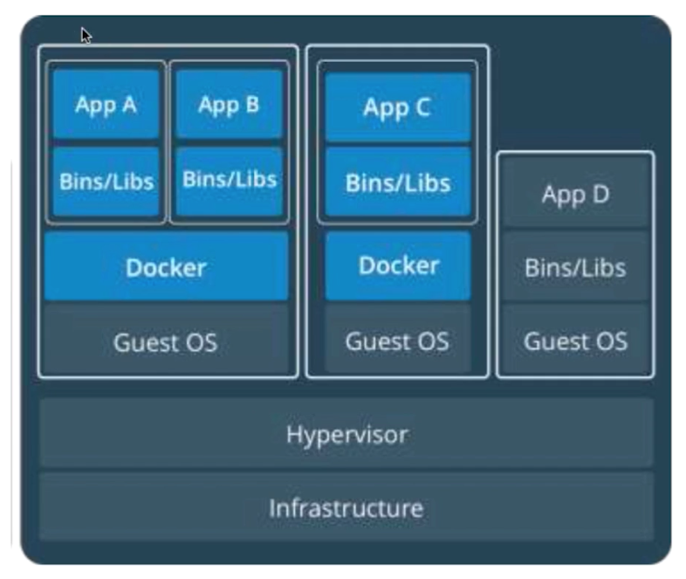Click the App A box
(x=106, y=105)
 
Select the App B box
(x=229, y=105)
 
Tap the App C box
(x=397, y=107)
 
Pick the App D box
(x=575, y=194)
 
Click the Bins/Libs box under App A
(x=106, y=181)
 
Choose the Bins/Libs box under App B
(x=229, y=180)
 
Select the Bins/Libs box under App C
(x=397, y=183)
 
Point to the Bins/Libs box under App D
(x=575, y=266)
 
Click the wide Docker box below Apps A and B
(x=166, y=266)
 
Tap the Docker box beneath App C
(x=397, y=265)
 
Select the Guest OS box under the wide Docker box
(x=166, y=341)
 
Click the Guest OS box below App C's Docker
(x=397, y=341)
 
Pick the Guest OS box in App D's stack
(x=575, y=341)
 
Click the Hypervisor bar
(x=346, y=433)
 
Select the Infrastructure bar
(x=346, y=507)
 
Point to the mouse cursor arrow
(x=86, y=35)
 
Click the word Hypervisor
(x=346, y=433)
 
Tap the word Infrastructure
(x=346, y=507)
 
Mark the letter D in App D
(x=600, y=194)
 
